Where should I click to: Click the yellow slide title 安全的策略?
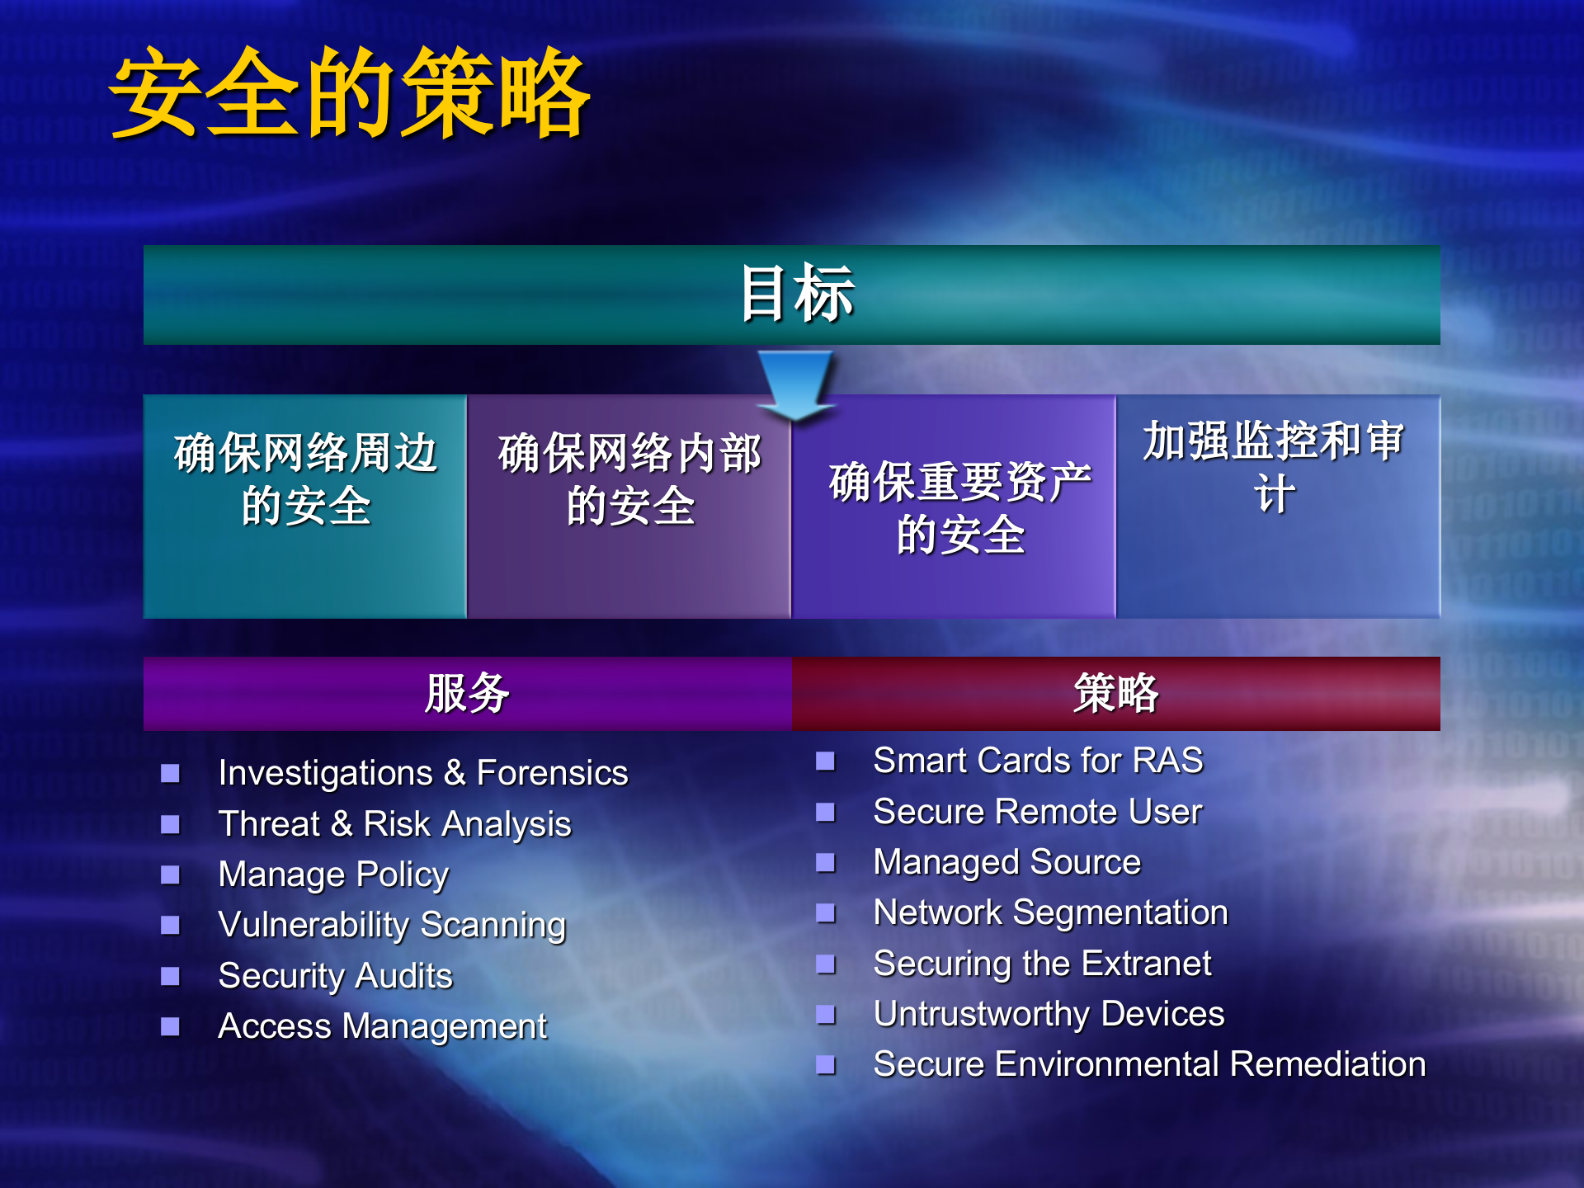click(x=350, y=92)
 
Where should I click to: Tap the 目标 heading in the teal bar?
click(x=796, y=294)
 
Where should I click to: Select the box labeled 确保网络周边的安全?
click(x=305, y=505)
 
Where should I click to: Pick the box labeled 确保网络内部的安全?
click(x=629, y=505)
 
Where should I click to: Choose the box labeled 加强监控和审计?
click(x=1275, y=505)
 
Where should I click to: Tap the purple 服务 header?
click(x=467, y=693)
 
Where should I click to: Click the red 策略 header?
click(x=1115, y=693)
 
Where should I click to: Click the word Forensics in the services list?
click(x=552, y=773)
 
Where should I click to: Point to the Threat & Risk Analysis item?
click(x=394, y=824)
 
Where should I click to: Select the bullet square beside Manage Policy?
click(x=170, y=874)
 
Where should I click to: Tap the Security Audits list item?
click(x=335, y=976)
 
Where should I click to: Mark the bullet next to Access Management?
click(x=170, y=1026)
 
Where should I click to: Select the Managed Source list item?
click(x=1006, y=862)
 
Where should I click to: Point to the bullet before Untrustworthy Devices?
click(x=826, y=1014)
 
